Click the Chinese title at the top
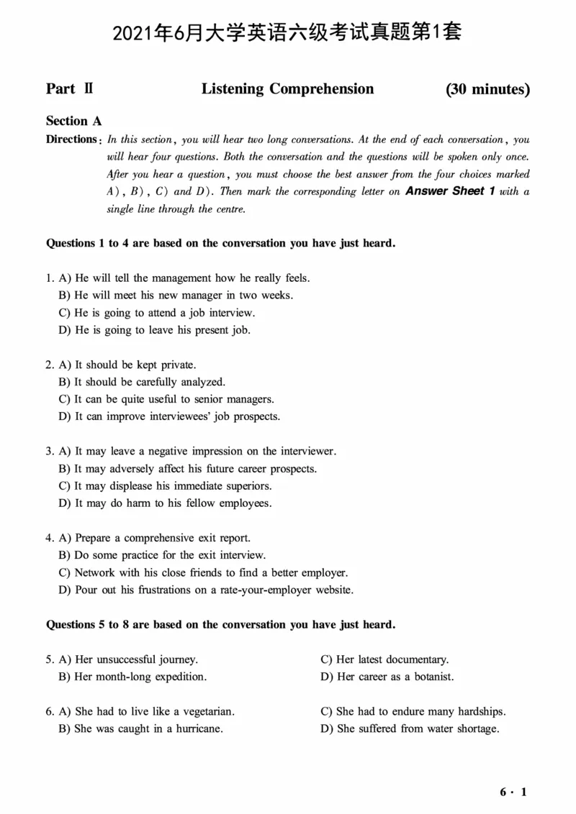click(x=287, y=32)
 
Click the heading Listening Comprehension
click(x=287, y=89)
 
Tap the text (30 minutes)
click(x=487, y=89)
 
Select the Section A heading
click(x=73, y=121)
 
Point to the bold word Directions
click(x=71, y=140)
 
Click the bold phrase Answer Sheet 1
click(x=450, y=191)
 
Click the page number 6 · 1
click(x=513, y=792)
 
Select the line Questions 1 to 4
click(x=220, y=243)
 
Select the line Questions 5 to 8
click(x=220, y=624)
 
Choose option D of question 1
click(x=154, y=330)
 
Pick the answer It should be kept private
click(x=127, y=365)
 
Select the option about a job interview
click(x=156, y=313)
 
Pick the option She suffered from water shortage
click(x=410, y=728)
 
